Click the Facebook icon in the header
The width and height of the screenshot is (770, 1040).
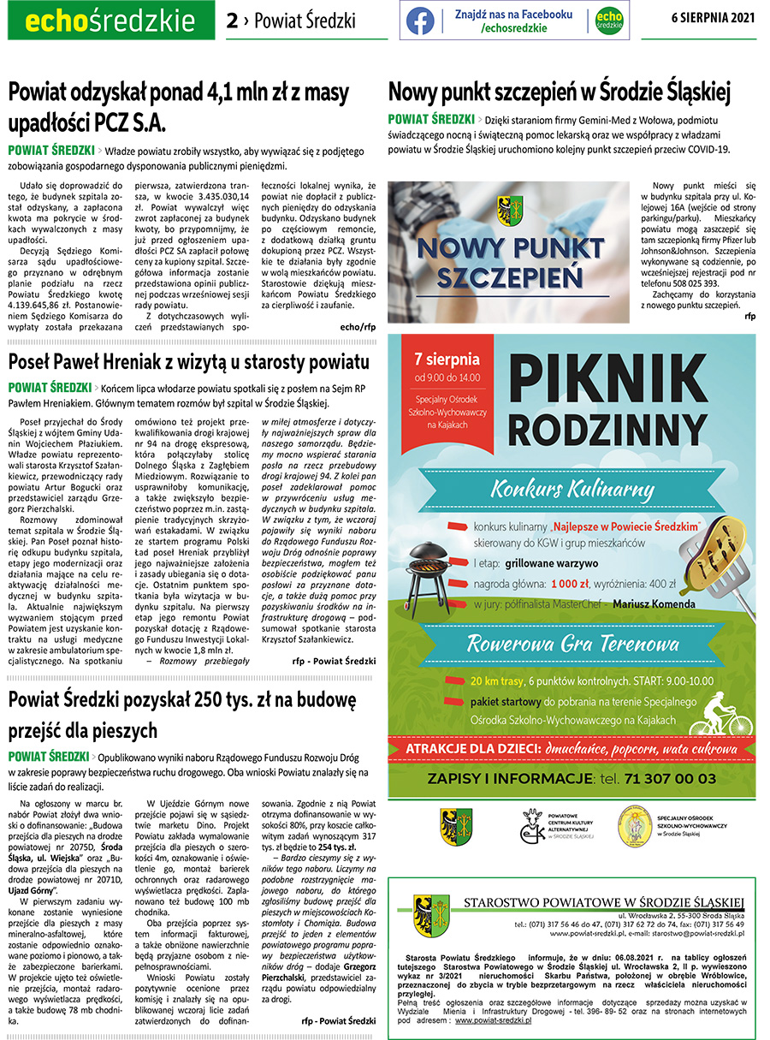[x=420, y=21]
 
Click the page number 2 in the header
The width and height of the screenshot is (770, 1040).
[x=232, y=21]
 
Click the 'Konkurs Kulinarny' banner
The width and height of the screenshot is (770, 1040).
[x=572, y=490]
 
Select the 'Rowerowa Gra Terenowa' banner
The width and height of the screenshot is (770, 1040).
[x=572, y=642]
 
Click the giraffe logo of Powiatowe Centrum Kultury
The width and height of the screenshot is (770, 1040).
[x=534, y=828]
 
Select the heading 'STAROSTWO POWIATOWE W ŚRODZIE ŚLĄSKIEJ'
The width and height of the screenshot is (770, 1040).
[x=603, y=902]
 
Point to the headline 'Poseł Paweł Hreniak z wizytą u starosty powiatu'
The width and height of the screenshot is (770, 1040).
[x=189, y=361]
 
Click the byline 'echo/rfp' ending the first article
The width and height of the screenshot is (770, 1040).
[x=358, y=327]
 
